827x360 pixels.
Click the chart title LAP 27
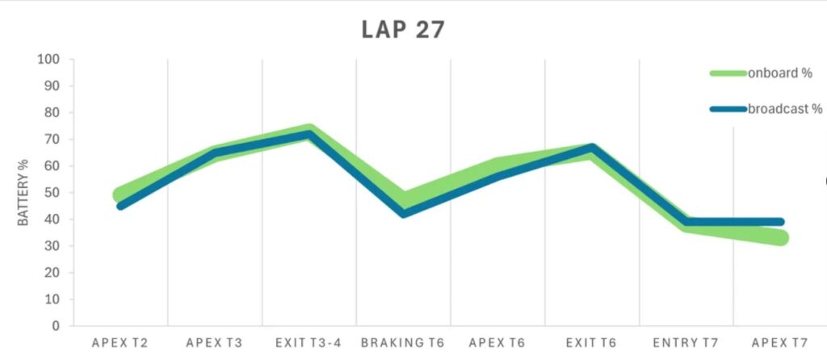[402, 30]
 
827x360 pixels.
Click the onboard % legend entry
[779, 73]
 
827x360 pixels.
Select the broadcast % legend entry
[784, 109]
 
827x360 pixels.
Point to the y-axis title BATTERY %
[24, 192]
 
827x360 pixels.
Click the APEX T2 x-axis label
[120, 342]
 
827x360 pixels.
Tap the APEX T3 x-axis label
[214, 342]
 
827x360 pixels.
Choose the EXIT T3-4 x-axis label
[309, 342]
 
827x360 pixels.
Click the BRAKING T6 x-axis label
[403, 342]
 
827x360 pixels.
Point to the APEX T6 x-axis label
[497, 342]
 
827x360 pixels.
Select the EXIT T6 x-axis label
[592, 342]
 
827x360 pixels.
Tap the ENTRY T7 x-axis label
[686, 342]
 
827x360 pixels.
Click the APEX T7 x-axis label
[780, 342]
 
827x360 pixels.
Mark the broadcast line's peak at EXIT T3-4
[309, 134]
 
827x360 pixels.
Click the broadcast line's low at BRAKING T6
[403, 213]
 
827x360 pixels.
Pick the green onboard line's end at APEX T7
[780, 237]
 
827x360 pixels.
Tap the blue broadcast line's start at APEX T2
[120, 206]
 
